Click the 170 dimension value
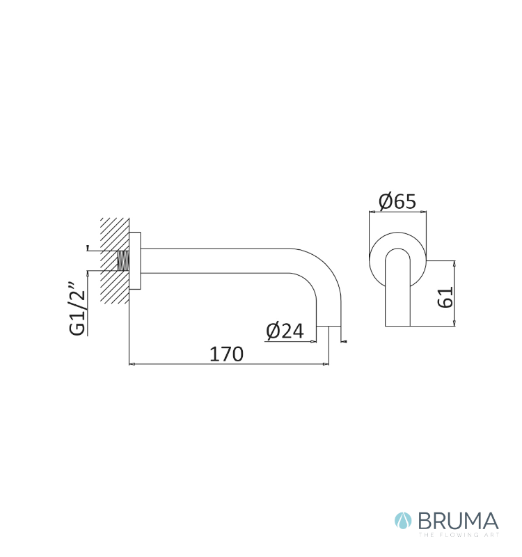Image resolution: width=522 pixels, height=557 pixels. tap(227, 354)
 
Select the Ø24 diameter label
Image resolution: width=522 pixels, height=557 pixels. tap(285, 331)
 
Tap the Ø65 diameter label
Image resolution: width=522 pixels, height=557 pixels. tap(397, 201)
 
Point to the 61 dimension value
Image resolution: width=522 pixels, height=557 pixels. tap(445, 297)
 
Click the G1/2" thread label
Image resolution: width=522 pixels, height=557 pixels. tap(78, 309)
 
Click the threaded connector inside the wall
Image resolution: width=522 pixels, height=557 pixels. tap(123, 260)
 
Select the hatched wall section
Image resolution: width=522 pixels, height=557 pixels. tap(115, 260)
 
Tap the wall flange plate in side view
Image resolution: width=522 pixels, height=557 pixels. tap(135, 260)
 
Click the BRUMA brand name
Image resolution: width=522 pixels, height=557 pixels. tap(459, 521)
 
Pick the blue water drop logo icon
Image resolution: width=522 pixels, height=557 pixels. tap(403, 521)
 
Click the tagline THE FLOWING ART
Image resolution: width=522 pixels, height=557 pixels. tap(459, 535)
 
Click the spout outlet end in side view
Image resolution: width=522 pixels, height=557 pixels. tap(329, 326)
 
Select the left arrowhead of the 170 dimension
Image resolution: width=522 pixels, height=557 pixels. tap(132, 364)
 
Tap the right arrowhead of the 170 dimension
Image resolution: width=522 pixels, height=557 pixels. tap(326, 364)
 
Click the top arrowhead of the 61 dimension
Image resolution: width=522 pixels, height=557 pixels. tap(454, 263)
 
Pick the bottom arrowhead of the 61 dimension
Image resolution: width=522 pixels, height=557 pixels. tap(454, 323)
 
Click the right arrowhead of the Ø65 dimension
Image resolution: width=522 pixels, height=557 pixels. tap(424, 212)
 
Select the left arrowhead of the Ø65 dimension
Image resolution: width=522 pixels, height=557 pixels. tap(372, 212)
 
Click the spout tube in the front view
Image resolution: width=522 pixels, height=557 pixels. tap(397, 287)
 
